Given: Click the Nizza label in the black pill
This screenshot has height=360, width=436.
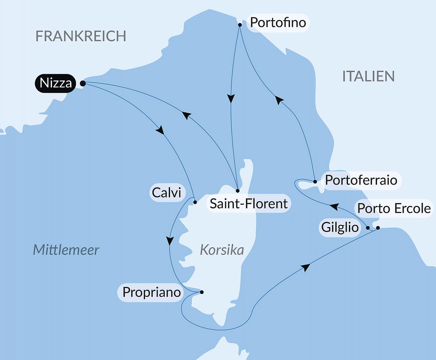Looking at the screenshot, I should pyautogui.click(x=56, y=83).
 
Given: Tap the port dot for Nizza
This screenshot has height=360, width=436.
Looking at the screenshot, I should pyautogui.click(x=83, y=83).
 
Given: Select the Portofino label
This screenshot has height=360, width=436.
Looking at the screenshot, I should pyautogui.click(x=278, y=23).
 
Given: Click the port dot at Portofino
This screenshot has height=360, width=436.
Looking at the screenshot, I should pyautogui.click(x=240, y=25).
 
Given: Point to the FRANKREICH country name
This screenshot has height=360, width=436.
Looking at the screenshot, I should pyautogui.click(x=81, y=36).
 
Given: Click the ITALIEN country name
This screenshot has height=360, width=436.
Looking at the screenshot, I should pyautogui.click(x=368, y=76).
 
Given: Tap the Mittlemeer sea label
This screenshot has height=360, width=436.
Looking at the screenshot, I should pyautogui.click(x=66, y=250).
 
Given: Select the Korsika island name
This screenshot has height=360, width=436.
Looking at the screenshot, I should pyautogui.click(x=222, y=250).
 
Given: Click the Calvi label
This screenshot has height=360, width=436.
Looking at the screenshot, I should pyautogui.click(x=167, y=193).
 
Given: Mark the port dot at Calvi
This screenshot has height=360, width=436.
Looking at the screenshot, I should pyautogui.click(x=195, y=202).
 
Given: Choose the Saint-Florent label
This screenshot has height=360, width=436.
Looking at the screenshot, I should pyautogui.click(x=249, y=204).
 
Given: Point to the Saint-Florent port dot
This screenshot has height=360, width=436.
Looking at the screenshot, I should pyautogui.click(x=238, y=191).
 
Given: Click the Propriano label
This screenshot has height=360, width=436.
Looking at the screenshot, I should pyautogui.click(x=151, y=292).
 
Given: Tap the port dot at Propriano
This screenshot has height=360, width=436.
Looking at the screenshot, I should pyautogui.click(x=202, y=292).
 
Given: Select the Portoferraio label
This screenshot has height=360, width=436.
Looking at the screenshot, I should pyautogui.click(x=361, y=180).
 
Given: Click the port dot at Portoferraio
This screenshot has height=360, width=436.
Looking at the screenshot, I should pyautogui.click(x=315, y=182).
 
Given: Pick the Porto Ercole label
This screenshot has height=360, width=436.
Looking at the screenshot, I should pyautogui.click(x=394, y=208).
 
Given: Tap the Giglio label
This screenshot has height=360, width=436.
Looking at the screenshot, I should pyautogui.click(x=340, y=227).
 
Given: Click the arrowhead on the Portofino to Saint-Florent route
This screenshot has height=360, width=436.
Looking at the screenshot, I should pyautogui.click(x=231, y=99).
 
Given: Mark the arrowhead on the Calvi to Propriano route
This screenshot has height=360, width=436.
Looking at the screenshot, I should pyautogui.click(x=170, y=241).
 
